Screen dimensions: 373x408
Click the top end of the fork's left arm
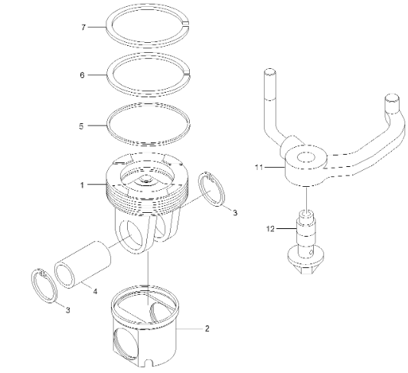click(269, 74)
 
